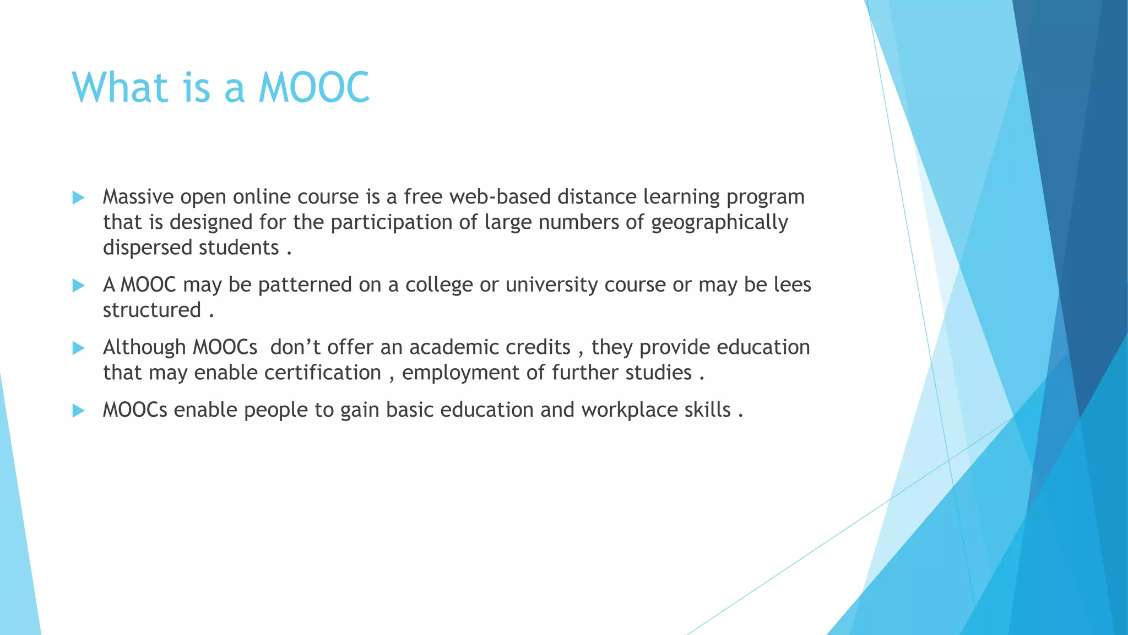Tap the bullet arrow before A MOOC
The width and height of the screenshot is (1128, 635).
[78, 286]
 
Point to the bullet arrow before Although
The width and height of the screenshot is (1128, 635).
[78, 348]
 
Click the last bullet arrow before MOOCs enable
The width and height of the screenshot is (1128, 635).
[78, 411]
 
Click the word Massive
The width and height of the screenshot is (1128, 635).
[138, 197]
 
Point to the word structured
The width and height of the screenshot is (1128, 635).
[151, 310]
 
